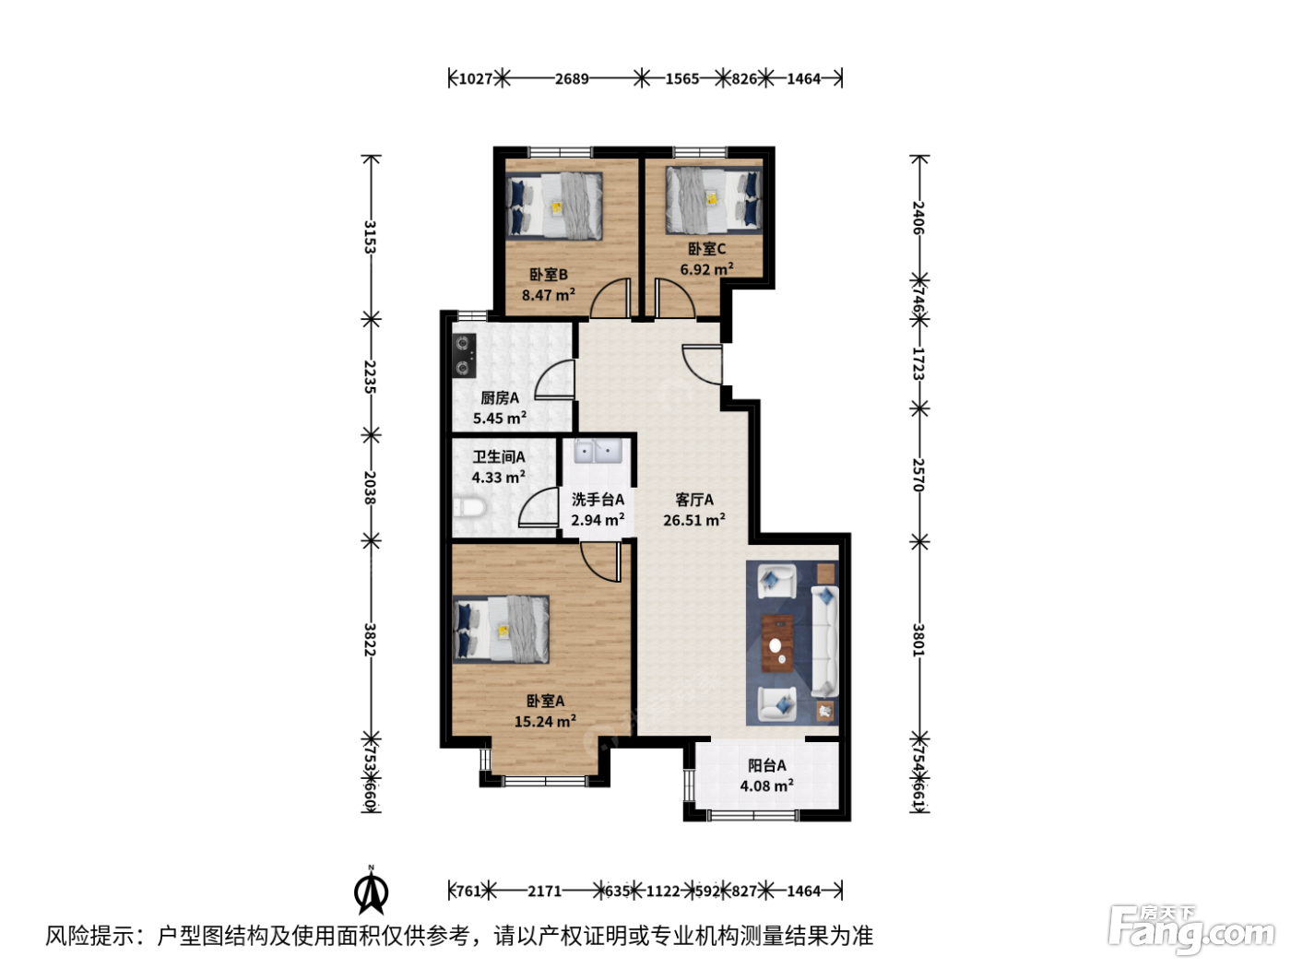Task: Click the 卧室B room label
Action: pos(548,275)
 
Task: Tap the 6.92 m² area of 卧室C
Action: pos(706,269)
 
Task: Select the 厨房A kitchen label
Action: pos(500,398)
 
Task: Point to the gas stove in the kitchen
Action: pos(464,355)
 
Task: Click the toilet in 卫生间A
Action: pos(469,508)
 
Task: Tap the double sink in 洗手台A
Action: pos(598,452)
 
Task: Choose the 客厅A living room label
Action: pos(694,500)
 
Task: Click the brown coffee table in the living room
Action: pos(777,643)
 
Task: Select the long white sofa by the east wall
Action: pos(824,642)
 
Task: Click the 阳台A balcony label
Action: pos(766,766)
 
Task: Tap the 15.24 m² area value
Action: pos(545,721)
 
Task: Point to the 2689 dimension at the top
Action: pos(572,78)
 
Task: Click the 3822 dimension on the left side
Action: pos(370,640)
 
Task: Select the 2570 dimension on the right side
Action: pos(918,475)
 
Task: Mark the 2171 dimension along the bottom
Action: pos(545,891)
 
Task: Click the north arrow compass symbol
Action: pos(371,892)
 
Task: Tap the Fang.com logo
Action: pos(1191,930)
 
